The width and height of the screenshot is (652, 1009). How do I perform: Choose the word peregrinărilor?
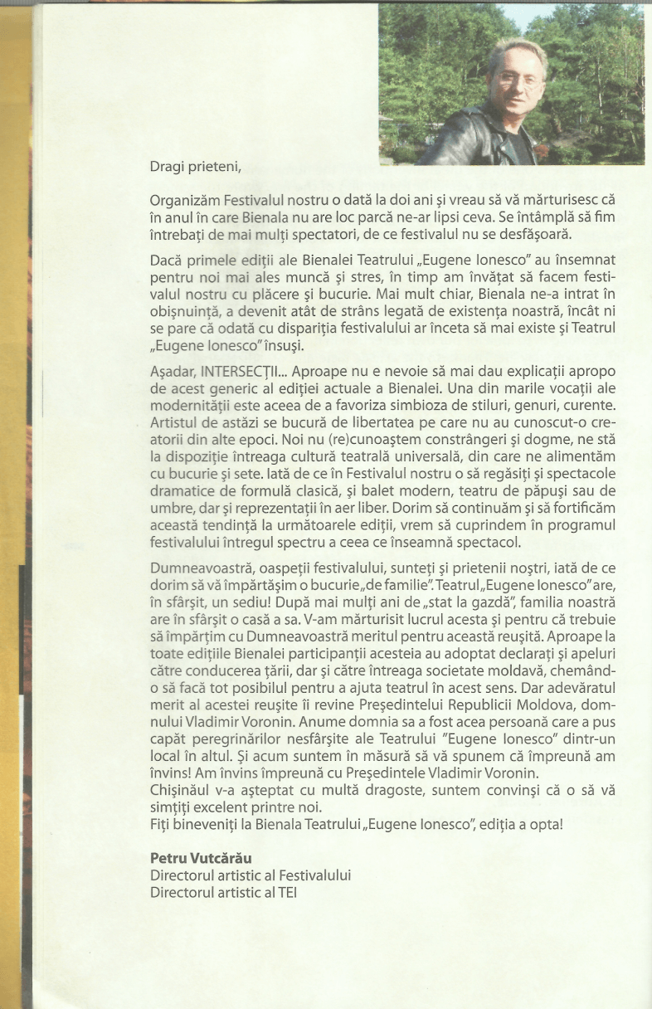tap(241, 724)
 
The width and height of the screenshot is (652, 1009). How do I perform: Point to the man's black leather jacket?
tap(473, 137)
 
